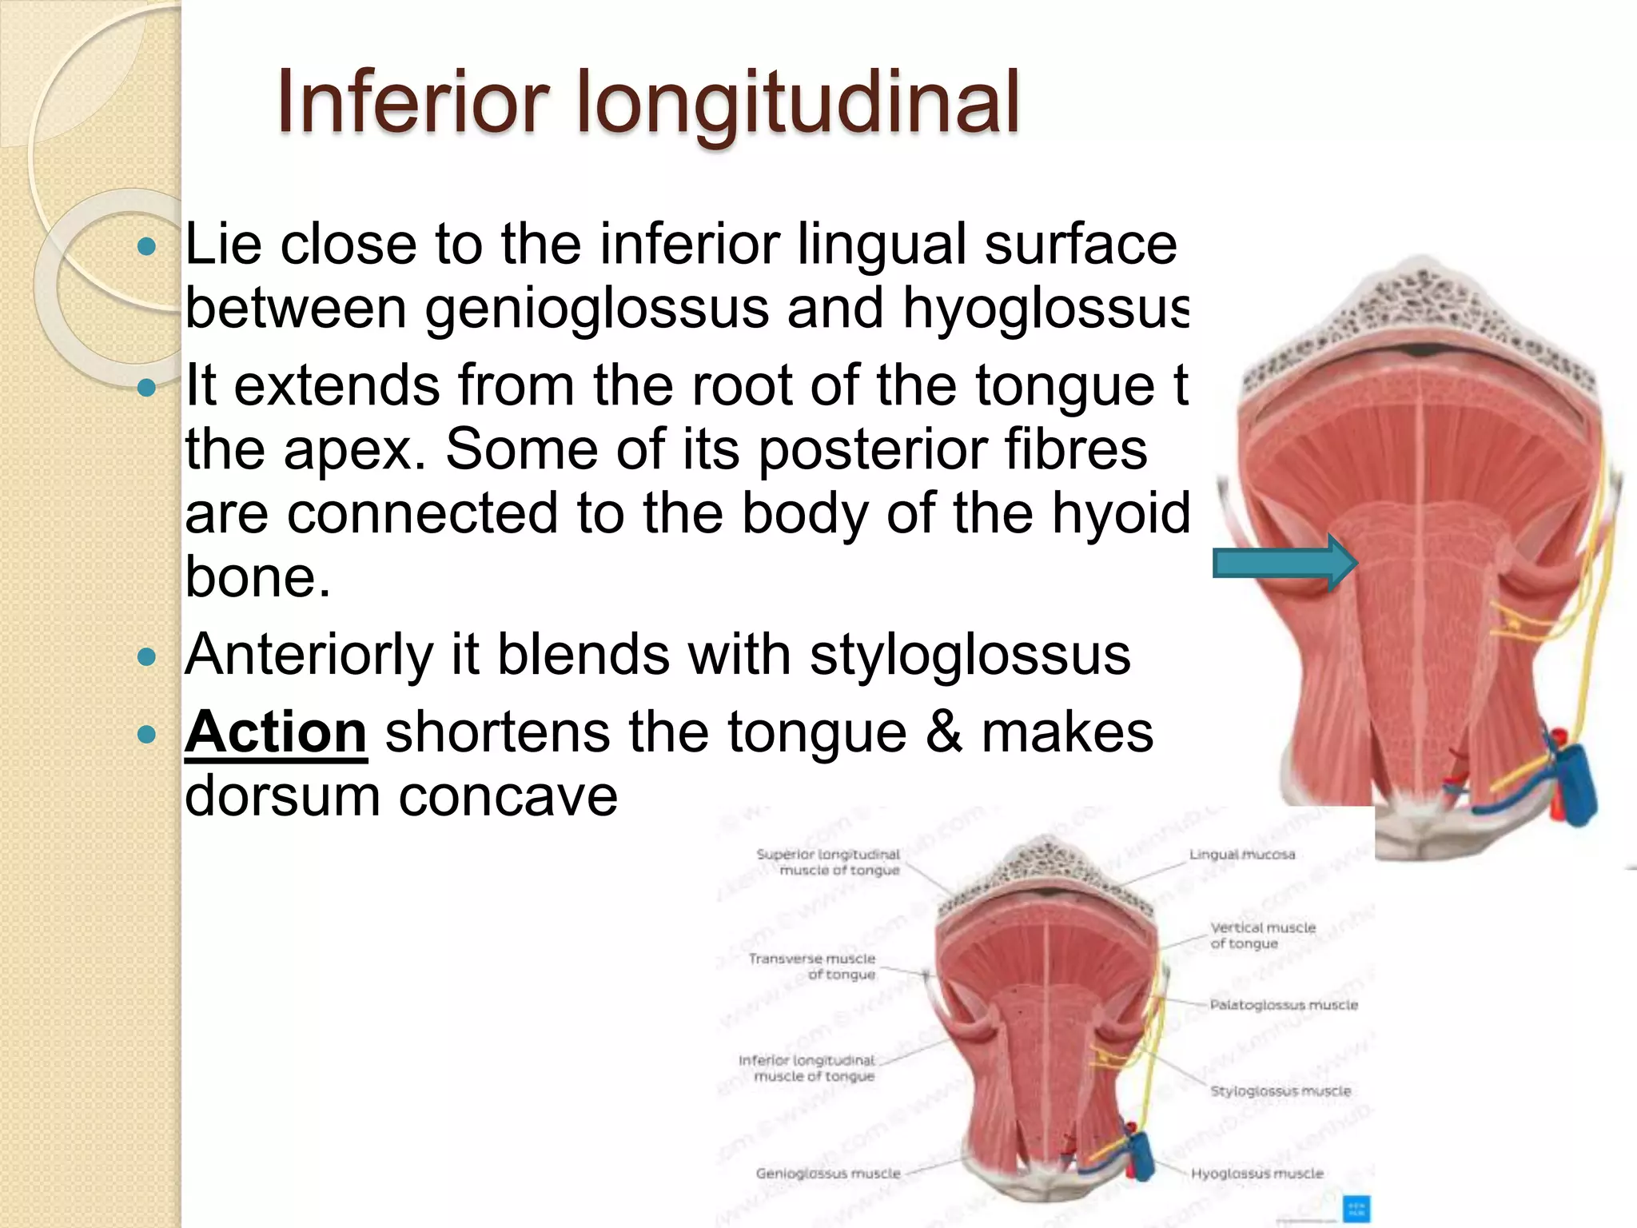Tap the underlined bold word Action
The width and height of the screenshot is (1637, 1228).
pyautogui.click(x=276, y=732)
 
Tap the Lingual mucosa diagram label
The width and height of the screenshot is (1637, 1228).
pyautogui.click(x=1241, y=855)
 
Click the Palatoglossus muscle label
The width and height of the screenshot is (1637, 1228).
pyautogui.click(x=1284, y=1005)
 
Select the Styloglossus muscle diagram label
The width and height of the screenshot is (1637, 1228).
pyautogui.click(x=1280, y=1091)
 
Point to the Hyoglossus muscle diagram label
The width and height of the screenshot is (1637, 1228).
pyautogui.click(x=1257, y=1174)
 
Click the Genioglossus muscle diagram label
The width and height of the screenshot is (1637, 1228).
pyautogui.click(x=828, y=1174)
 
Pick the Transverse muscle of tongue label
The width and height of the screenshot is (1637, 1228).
pyautogui.click(x=813, y=967)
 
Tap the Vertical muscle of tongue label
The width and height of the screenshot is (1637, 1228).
pyautogui.click(x=1262, y=935)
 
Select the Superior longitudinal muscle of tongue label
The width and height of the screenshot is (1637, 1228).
pyautogui.click(x=829, y=863)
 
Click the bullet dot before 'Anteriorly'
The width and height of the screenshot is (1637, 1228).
pyautogui.click(x=146, y=658)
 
